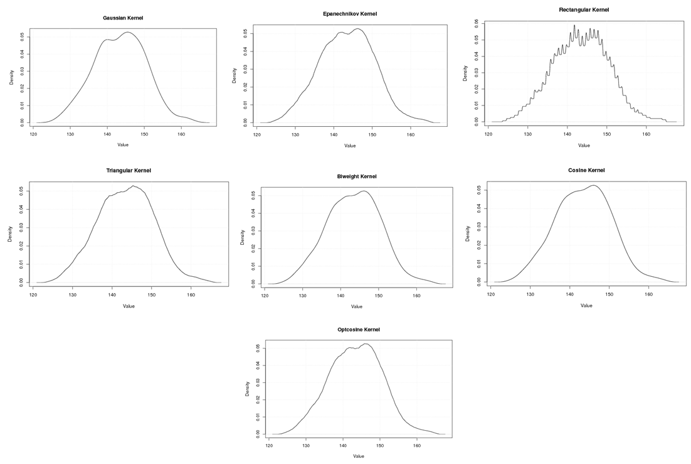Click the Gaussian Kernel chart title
pos(123,18)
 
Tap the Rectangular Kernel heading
pos(584,9)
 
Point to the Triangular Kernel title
pos(129,171)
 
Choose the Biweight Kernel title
pos(357,176)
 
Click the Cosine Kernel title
pos(586,170)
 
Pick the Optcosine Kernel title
pos(359,330)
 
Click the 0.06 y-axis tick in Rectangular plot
pos(477,22)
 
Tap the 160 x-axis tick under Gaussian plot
pos(182,133)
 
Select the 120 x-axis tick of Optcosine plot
pos(270,445)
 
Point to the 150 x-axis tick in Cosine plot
pos(609,293)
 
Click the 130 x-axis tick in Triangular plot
pos(73,294)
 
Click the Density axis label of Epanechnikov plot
pos(235,76)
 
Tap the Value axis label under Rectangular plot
pos(584,145)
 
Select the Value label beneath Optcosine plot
pos(359,456)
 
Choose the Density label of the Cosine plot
pos(468,233)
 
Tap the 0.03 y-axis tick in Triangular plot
pos(21,227)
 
